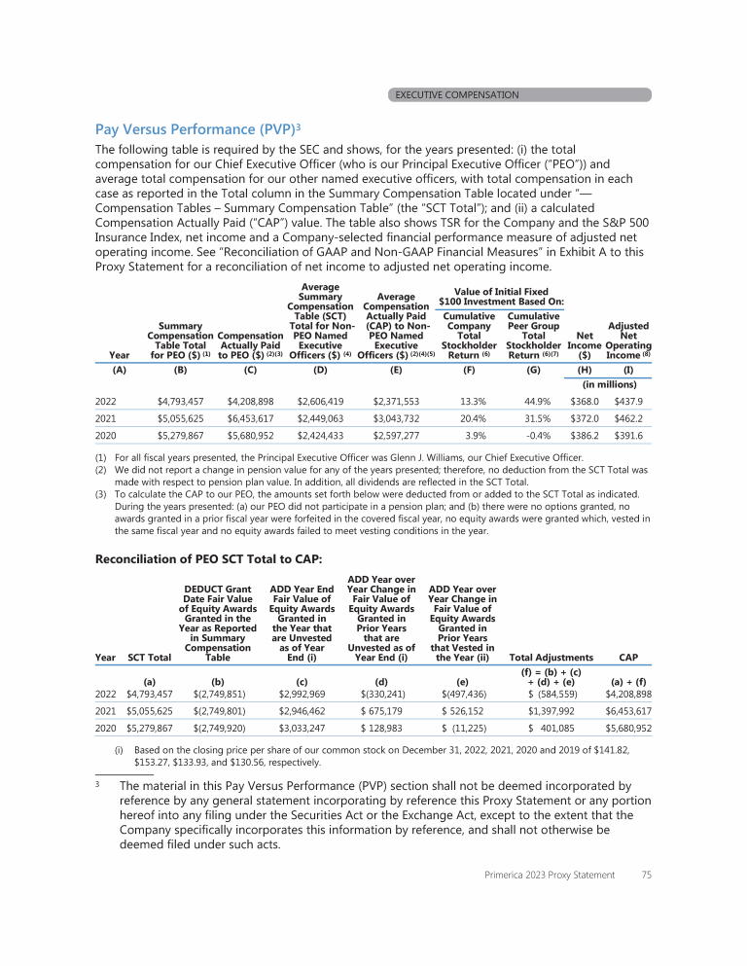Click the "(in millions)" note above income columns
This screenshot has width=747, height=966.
coord(610,383)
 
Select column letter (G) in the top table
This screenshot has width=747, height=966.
coord(534,370)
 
